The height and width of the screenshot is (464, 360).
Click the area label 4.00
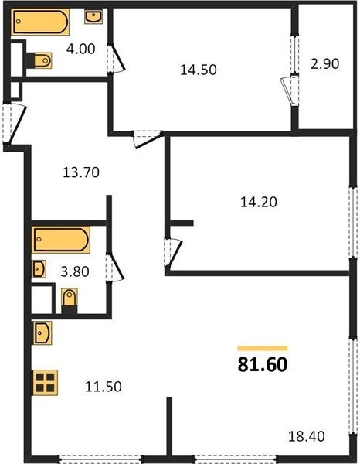click(x=80, y=49)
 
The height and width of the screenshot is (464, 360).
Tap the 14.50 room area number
click(x=199, y=70)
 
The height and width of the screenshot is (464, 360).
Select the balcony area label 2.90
click(x=324, y=64)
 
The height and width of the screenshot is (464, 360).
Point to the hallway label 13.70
click(x=81, y=172)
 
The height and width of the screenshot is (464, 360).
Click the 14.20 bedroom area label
click(x=259, y=203)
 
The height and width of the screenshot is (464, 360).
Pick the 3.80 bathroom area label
click(x=75, y=271)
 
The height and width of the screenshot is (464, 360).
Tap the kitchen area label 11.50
click(x=104, y=387)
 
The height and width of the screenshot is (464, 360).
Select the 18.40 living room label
click(x=307, y=436)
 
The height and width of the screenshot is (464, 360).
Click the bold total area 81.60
click(x=263, y=364)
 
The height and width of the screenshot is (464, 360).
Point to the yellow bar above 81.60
click(x=263, y=349)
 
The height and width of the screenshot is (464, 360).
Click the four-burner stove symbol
click(x=46, y=383)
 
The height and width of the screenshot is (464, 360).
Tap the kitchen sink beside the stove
click(x=42, y=333)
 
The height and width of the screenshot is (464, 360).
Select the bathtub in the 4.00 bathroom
click(x=40, y=22)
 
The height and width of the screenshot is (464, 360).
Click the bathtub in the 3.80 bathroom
click(x=61, y=240)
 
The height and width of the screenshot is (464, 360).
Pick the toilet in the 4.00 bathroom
click(x=39, y=60)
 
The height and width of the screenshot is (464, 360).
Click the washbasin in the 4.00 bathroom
click(x=93, y=16)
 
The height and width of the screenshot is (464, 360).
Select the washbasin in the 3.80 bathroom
click(x=39, y=269)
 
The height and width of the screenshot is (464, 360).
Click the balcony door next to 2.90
click(x=290, y=91)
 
